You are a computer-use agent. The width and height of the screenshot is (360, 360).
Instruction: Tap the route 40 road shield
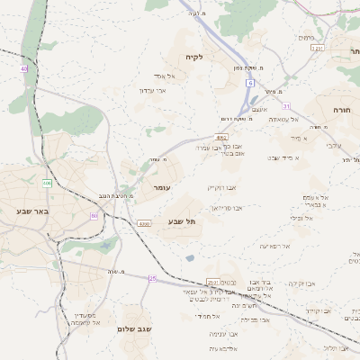pos(23,68)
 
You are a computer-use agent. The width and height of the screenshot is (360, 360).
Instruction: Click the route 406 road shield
pos(47,184)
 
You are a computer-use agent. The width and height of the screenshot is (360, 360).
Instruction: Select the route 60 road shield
pos(94,215)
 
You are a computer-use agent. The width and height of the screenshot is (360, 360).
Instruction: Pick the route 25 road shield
pos(153,278)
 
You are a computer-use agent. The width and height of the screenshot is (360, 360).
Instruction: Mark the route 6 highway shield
pos(249,83)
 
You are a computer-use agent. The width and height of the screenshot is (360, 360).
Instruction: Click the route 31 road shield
pos(286,106)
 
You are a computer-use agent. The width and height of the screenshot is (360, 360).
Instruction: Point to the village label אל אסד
pos(165,76)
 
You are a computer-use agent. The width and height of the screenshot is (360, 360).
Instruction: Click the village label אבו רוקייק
pos(221,187)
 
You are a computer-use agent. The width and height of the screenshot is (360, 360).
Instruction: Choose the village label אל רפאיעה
pos(275,246)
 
